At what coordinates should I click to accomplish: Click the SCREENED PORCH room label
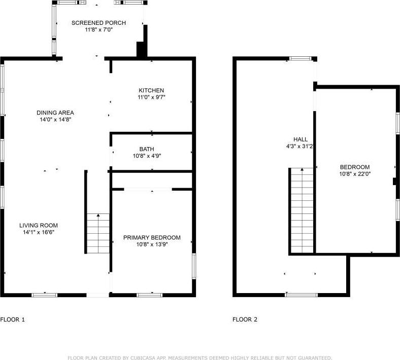(98, 23)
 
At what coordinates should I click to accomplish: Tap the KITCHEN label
(151, 90)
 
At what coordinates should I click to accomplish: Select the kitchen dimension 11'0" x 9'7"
(151, 97)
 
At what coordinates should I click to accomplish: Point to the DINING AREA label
(55, 113)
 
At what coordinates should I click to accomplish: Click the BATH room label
(147, 149)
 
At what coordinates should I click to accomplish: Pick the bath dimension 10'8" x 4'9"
(147, 156)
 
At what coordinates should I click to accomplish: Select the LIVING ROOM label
(39, 226)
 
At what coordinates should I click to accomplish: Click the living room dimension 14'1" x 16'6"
(39, 232)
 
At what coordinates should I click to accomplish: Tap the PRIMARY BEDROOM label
(152, 237)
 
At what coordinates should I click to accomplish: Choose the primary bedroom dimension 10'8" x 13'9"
(152, 244)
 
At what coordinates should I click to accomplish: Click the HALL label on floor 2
(301, 139)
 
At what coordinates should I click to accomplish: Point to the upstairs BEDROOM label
(355, 167)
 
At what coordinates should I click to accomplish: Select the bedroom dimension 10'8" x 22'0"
(355, 174)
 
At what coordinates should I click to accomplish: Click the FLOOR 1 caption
(13, 319)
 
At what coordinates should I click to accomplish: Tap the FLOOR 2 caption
(245, 319)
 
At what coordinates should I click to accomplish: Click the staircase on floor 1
(98, 233)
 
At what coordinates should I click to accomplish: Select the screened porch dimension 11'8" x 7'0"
(98, 30)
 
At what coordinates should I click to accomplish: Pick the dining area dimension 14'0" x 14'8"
(55, 120)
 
